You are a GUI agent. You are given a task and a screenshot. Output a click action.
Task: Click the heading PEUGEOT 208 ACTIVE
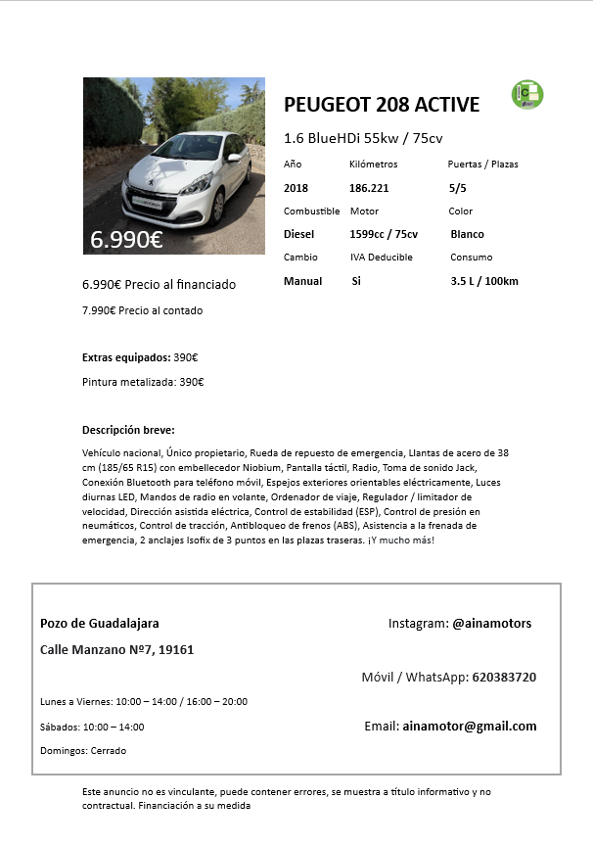[x=382, y=106]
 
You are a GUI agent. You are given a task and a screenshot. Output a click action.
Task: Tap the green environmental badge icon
[x=527, y=95]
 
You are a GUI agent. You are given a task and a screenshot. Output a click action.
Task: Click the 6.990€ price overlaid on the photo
[x=126, y=239]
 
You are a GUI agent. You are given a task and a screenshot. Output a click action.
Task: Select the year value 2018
[x=296, y=187]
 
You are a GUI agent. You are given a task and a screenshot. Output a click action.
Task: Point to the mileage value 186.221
[x=369, y=187]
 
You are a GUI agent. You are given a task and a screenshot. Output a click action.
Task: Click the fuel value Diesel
[x=299, y=234]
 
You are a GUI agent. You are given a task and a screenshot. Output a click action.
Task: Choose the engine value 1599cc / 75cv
[x=384, y=234]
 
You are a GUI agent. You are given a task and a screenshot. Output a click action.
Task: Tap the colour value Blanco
[x=467, y=234]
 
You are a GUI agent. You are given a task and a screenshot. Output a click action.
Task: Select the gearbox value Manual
[x=302, y=281]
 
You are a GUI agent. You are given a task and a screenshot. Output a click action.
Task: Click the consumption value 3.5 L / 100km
[x=484, y=282]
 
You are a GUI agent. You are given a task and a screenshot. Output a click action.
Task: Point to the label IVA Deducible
[x=382, y=258]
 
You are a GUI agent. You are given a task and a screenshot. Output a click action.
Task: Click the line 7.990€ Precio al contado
[x=143, y=310]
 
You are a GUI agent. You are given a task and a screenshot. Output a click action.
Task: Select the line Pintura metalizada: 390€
[x=143, y=382]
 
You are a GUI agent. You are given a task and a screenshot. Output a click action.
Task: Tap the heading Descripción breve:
[x=128, y=430]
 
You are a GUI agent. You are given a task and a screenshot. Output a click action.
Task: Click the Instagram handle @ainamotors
[x=491, y=623]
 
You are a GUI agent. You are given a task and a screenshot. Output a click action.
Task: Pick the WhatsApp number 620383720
[x=503, y=677]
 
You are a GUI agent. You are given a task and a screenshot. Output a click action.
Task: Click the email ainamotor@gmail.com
[x=470, y=726]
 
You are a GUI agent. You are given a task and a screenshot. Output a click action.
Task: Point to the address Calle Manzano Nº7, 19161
[x=116, y=649]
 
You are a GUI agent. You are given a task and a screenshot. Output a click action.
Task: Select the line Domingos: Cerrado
[x=83, y=751]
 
